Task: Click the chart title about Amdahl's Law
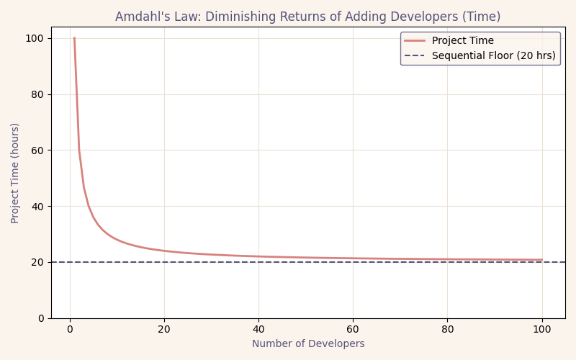coord(307,17)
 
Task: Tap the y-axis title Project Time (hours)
coord(15,173)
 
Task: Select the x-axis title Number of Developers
coord(308,343)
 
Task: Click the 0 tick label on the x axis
coord(70,329)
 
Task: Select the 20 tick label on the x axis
coord(164,329)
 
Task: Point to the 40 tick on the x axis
coord(258,329)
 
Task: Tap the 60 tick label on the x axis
coord(353,329)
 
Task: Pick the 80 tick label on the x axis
coord(447,329)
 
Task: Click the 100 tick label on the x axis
coord(541,329)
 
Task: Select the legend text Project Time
coord(462,41)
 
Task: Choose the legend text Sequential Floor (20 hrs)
coord(493,55)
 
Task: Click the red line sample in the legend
coord(415,41)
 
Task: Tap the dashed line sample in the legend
coord(415,55)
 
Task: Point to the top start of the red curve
coord(74,38)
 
